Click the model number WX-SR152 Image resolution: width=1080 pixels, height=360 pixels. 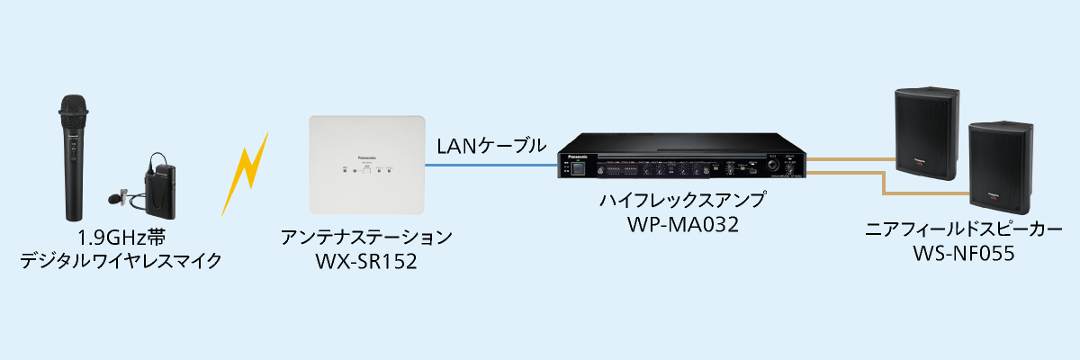click(x=365, y=262)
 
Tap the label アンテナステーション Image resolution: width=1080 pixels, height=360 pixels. click(x=365, y=238)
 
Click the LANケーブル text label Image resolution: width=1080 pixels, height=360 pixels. click(x=490, y=144)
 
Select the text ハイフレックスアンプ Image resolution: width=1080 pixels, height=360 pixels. click(x=682, y=200)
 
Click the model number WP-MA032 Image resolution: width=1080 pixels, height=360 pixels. click(x=682, y=223)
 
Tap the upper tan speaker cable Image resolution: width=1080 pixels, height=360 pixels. click(x=850, y=160)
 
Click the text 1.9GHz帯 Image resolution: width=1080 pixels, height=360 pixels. click(x=120, y=238)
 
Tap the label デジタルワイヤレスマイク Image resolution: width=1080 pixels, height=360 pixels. click(x=120, y=262)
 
